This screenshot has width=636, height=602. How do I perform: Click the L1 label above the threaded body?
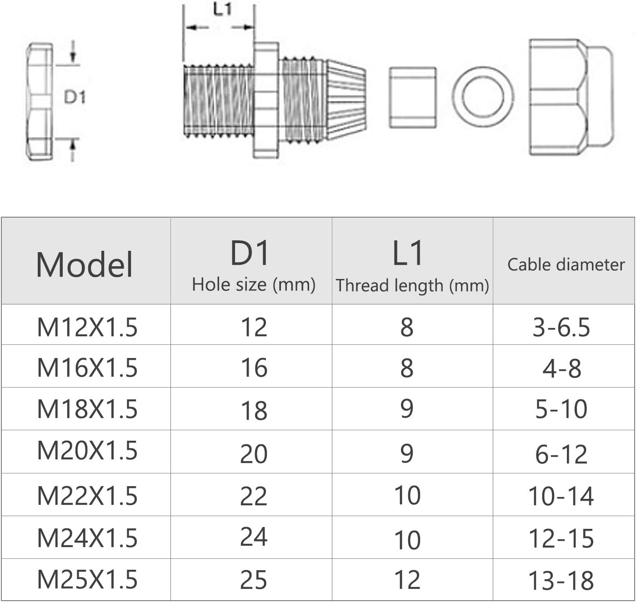point(223,10)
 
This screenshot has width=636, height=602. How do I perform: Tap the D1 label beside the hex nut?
point(75,97)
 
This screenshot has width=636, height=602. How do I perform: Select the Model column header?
point(85,264)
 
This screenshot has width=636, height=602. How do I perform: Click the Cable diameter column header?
point(566,264)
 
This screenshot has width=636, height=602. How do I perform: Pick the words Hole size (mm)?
point(254,284)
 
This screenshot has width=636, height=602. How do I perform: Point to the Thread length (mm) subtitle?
point(412,285)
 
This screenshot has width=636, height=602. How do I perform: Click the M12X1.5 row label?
point(87,327)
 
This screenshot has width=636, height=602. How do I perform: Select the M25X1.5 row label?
point(87,579)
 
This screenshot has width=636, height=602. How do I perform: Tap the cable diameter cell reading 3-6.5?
point(561,327)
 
